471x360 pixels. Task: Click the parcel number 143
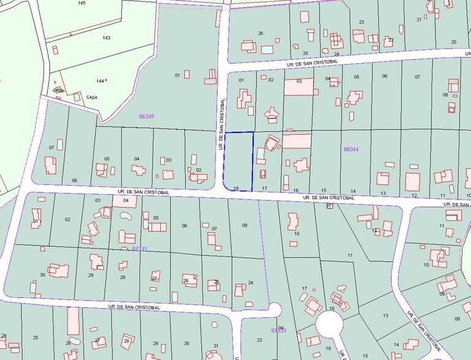tap(106, 38)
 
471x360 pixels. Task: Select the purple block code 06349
tap(147, 116)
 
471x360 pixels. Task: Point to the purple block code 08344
tap(351, 148)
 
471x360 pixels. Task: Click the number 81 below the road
tap(329, 206)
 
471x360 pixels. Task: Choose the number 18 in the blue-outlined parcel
tap(236, 189)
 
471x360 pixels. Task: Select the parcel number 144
tap(102, 81)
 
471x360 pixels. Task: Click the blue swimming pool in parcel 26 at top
tap(267, 49)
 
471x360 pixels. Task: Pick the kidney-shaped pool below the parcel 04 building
tap(125, 216)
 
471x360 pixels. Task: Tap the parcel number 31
tap(215, 346)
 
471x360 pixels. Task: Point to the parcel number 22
tap(390, 40)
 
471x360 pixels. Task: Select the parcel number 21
tap(419, 20)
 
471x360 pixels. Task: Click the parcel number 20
tap(453, 42)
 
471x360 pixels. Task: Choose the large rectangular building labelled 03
tap(299, 86)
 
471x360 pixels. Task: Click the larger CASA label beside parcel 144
tap(92, 97)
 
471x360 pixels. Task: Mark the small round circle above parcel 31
tap(213, 324)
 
